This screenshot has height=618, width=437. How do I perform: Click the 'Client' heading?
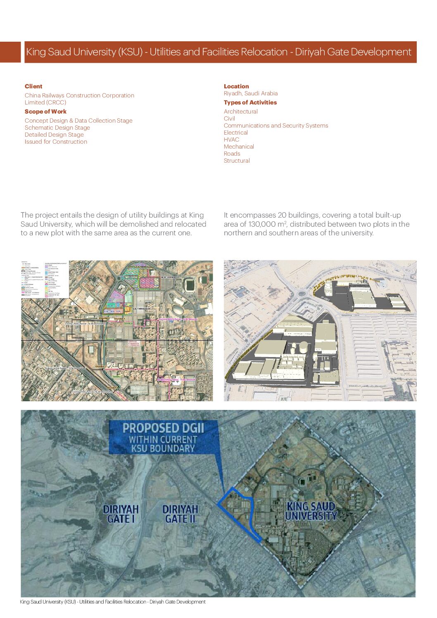pyautogui.click(x=33, y=86)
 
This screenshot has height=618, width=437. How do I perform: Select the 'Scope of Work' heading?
pyautogui.click(x=45, y=111)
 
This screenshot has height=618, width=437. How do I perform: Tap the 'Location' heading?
pyautogui.click(x=236, y=86)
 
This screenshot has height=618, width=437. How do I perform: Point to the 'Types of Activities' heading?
pyautogui.click(x=250, y=102)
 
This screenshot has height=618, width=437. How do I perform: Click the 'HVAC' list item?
pyautogui.click(x=231, y=140)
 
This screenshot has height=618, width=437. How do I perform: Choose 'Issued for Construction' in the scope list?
pyautogui.click(x=56, y=142)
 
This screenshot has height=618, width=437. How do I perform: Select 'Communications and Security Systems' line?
pyautogui.click(x=276, y=125)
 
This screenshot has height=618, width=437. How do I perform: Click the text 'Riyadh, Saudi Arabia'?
pyautogui.click(x=251, y=93)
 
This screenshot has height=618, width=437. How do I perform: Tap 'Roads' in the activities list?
pyautogui.click(x=232, y=154)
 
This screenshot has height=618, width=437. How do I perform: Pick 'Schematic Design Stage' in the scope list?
pyautogui.click(x=57, y=128)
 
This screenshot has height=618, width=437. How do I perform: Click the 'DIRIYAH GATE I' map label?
pyautogui.click(x=121, y=514)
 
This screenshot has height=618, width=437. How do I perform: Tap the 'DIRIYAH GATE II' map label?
pyautogui.click(x=180, y=514)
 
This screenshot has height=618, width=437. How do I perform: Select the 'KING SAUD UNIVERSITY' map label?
pyautogui.click(x=311, y=511)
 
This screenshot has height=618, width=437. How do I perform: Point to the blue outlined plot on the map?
pyautogui.click(x=240, y=512)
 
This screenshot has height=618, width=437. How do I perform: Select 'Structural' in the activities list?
pyautogui.click(x=237, y=161)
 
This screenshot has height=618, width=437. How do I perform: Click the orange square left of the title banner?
pyautogui.click(x=10, y=52)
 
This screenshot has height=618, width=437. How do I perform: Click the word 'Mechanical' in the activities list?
pyautogui.click(x=239, y=147)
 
